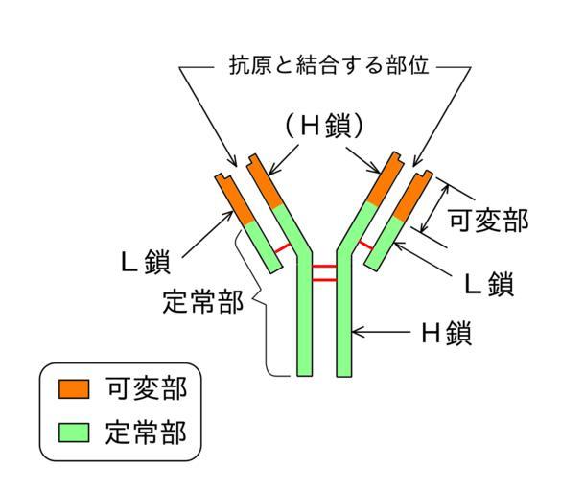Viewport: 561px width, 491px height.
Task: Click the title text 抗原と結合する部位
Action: tap(328, 65)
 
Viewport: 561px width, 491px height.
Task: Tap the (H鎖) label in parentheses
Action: tap(324, 127)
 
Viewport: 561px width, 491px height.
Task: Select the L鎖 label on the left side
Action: tap(146, 262)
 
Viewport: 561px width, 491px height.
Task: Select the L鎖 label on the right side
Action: tap(489, 284)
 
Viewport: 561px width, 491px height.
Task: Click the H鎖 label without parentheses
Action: tap(447, 333)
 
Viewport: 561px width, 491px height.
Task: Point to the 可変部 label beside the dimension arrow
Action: tap(488, 220)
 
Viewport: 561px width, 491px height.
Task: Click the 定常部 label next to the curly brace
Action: tap(203, 302)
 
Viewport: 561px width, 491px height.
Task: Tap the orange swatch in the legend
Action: tap(74, 389)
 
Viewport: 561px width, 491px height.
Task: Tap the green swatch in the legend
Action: tap(74, 433)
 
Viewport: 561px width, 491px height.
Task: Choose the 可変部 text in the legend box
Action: tap(147, 388)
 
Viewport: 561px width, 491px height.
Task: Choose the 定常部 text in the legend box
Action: tap(146, 433)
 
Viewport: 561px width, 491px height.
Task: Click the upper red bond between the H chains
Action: tap(324, 267)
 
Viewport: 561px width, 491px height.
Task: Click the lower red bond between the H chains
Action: tap(324, 279)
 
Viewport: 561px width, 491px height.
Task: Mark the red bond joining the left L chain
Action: tap(283, 248)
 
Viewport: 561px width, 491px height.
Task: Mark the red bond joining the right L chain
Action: tap(366, 245)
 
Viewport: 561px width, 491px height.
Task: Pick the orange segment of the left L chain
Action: tap(234, 199)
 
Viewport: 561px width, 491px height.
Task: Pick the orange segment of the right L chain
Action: tap(412, 197)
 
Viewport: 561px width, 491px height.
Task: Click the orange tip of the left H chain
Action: tap(265, 181)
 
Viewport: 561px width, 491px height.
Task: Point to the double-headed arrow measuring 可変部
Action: tap(434, 208)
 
